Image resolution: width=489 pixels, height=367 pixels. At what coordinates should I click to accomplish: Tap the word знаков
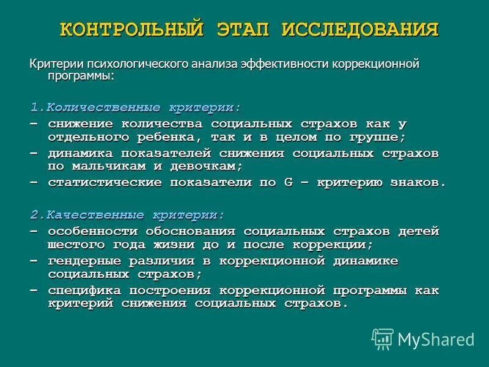418,182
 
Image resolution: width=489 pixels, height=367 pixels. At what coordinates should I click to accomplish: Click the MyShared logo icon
383,339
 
